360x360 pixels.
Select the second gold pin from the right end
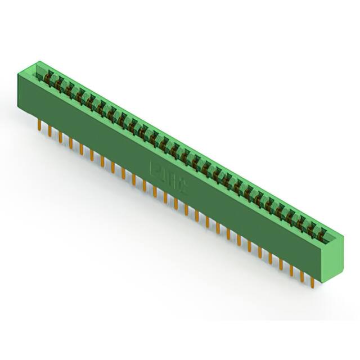(303, 274)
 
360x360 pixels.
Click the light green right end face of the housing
(332, 256)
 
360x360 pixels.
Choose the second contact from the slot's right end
(311, 226)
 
